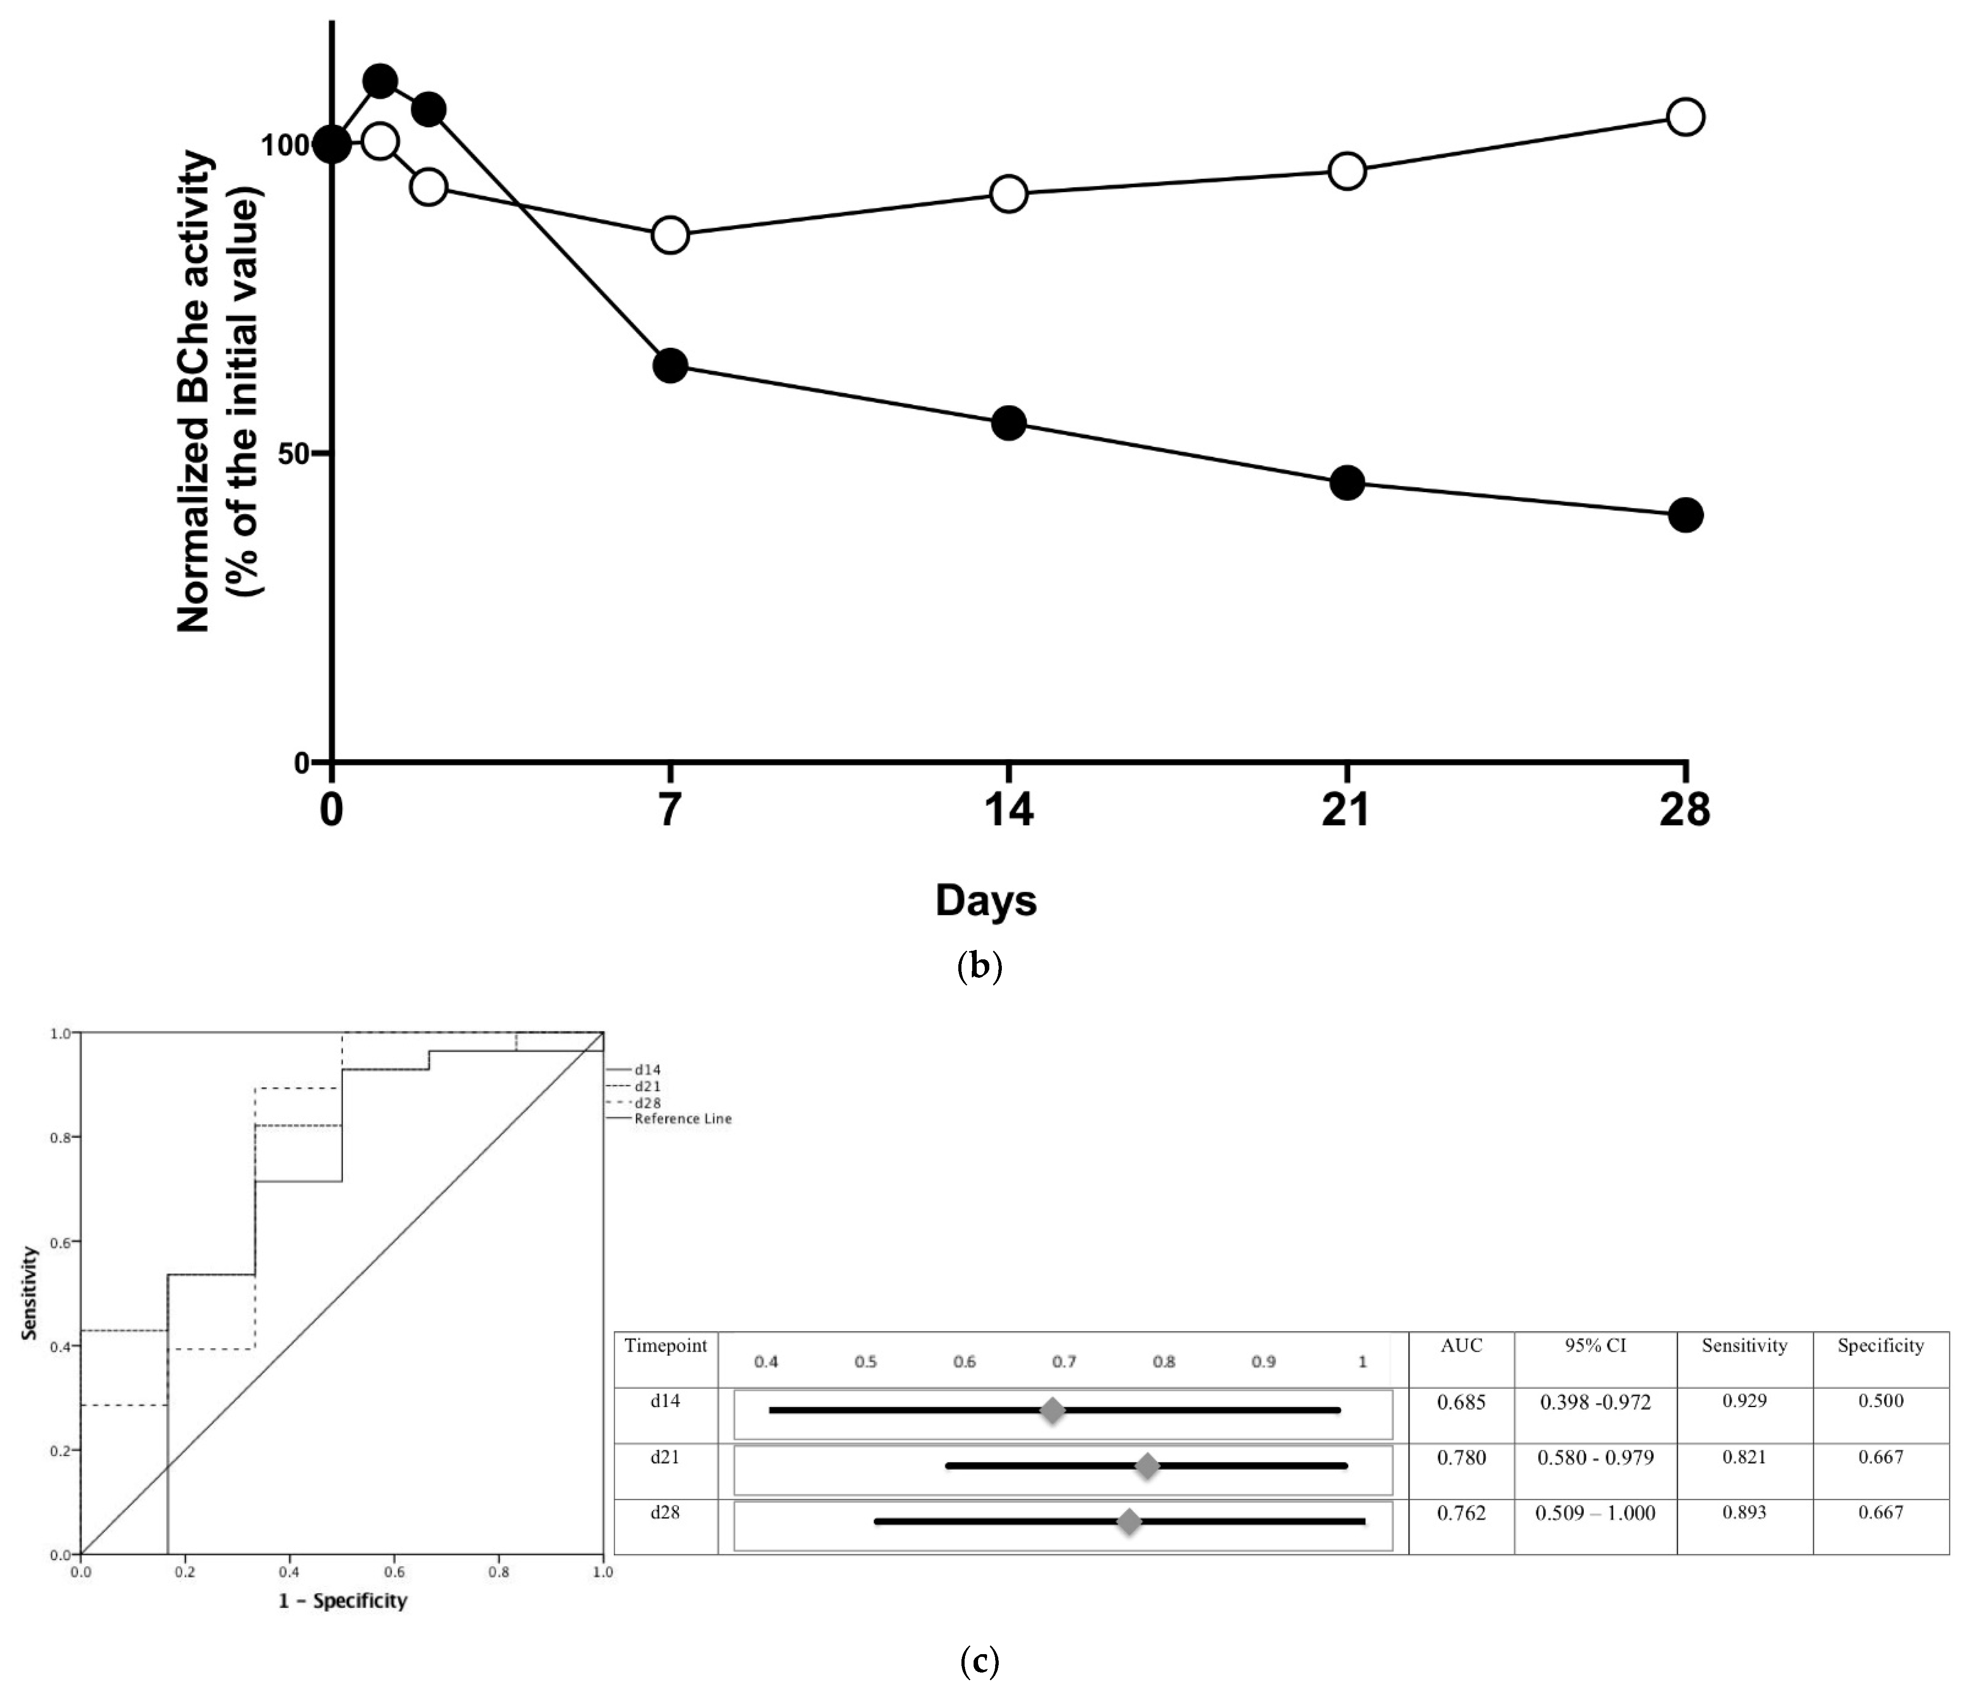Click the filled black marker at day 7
coord(670,366)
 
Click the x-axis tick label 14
coord(1009,810)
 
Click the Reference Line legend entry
coord(682,1119)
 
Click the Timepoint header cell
coord(665,1345)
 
